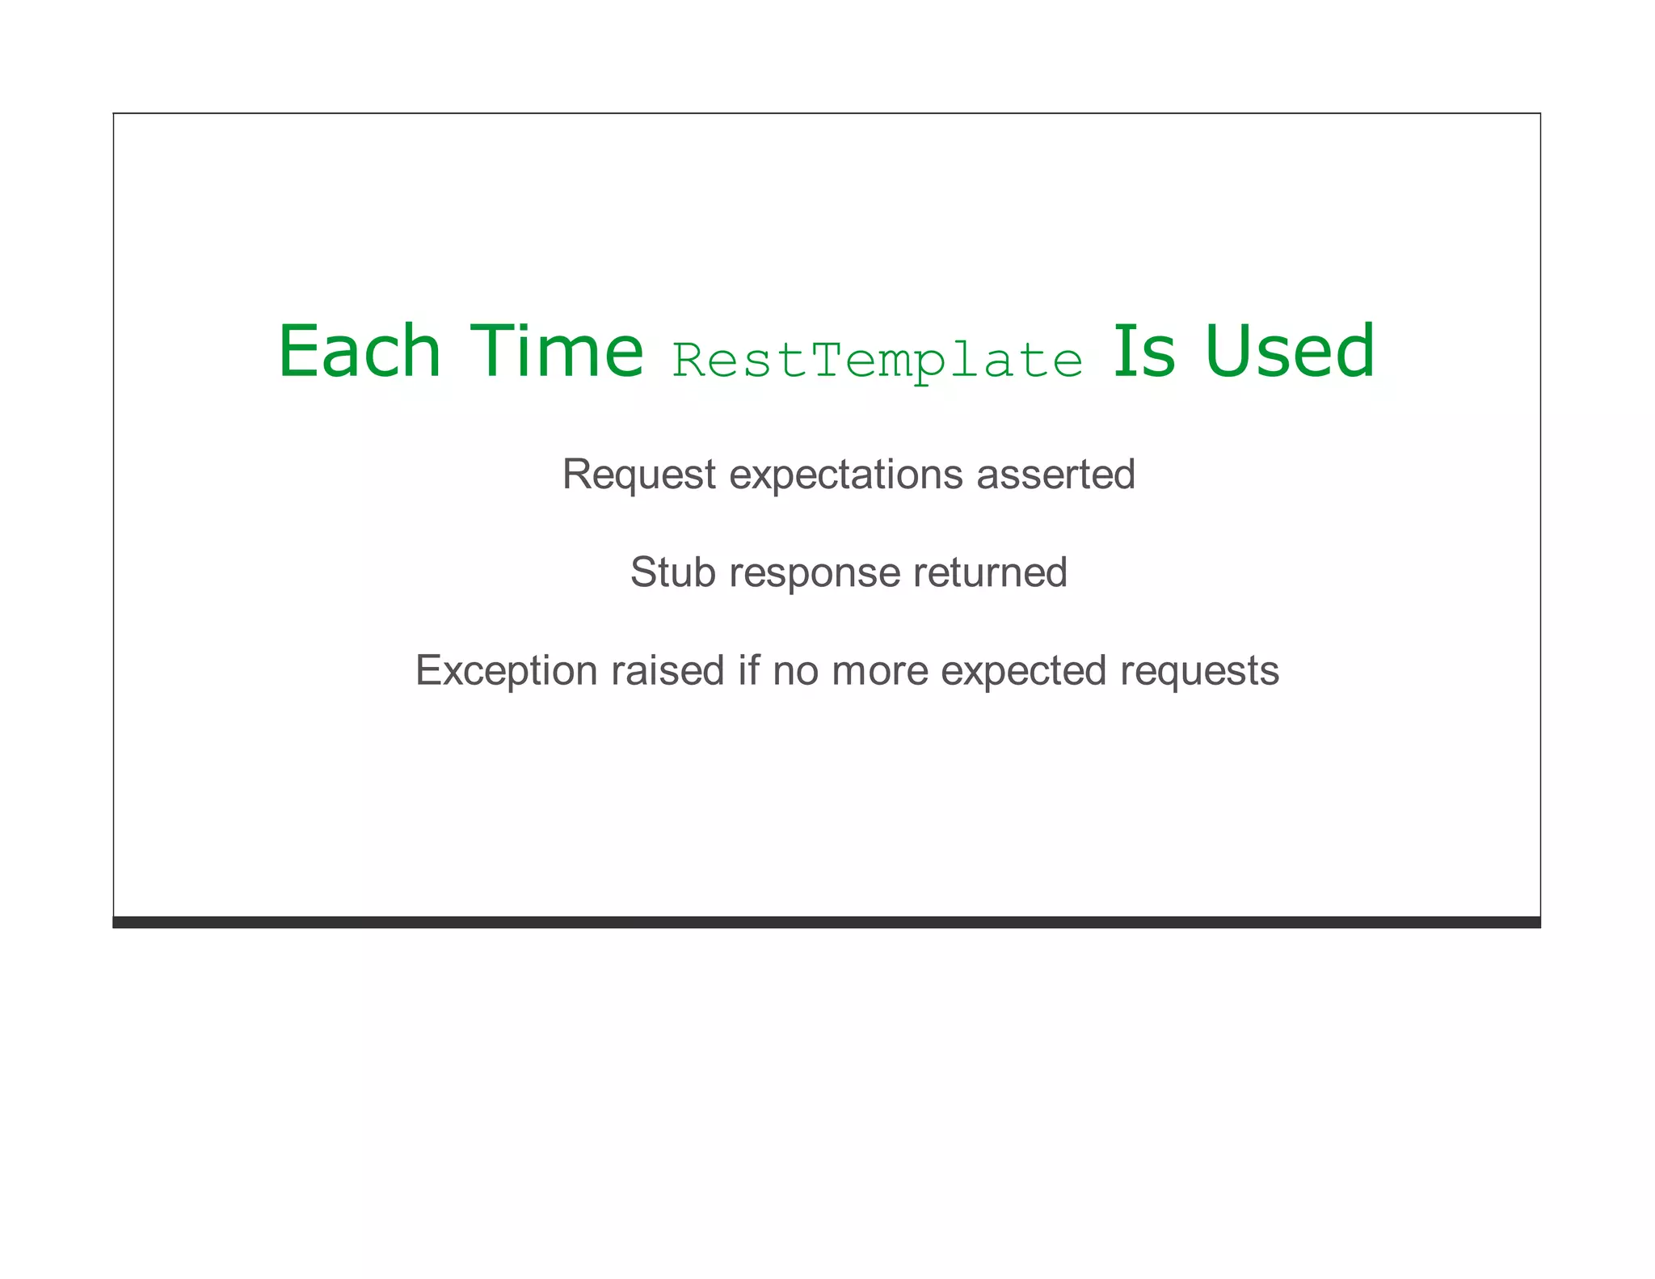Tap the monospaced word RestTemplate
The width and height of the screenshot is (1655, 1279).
(x=878, y=361)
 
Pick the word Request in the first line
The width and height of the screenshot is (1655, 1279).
(x=638, y=475)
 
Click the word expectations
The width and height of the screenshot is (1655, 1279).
(x=846, y=475)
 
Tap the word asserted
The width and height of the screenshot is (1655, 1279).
(x=1055, y=475)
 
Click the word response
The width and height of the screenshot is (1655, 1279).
(x=814, y=573)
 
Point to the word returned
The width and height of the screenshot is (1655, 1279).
(x=990, y=572)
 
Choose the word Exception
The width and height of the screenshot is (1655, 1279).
(x=506, y=671)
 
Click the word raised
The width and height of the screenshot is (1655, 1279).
(x=667, y=671)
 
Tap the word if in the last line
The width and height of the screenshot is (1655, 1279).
(x=748, y=671)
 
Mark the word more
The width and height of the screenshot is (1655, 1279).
(x=879, y=671)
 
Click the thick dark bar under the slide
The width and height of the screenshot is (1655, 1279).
(x=826, y=922)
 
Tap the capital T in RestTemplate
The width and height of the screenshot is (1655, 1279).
(x=827, y=359)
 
